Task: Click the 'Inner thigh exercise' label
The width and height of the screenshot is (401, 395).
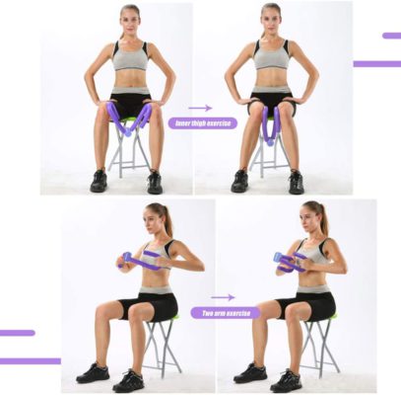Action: point(202,123)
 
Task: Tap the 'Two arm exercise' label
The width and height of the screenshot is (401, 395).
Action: point(226,313)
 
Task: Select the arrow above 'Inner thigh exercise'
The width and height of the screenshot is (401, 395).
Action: point(201,108)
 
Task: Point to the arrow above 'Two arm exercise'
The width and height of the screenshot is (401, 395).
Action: point(224,296)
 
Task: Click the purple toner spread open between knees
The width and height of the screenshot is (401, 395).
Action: point(128,118)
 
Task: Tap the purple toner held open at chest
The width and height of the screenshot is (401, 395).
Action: point(144,262)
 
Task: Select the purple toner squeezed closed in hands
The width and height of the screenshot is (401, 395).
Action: point(289,261)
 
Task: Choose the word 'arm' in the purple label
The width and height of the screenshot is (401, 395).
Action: point(226,313)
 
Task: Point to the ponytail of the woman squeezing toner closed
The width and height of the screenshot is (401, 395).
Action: point(324,219)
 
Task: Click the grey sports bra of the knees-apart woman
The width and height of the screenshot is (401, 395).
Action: point(129,56)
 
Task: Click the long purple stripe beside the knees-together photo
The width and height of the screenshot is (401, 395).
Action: point(376,64)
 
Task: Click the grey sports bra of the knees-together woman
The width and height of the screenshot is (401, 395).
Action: point(271,55)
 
